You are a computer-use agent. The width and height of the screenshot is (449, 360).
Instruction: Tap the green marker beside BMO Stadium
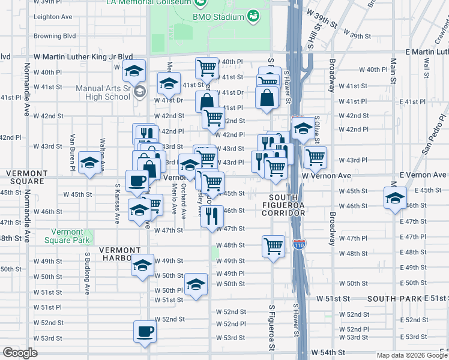(253, 14)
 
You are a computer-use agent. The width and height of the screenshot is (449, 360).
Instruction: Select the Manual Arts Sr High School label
(103, 92)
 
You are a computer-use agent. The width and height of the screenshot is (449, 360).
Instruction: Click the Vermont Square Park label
(67, 236)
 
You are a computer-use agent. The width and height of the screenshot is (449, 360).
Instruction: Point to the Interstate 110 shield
(298, 244)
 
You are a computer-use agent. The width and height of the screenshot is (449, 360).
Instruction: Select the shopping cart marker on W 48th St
(273, 245)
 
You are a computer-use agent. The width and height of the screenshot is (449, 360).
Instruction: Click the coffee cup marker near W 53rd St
(144, 331)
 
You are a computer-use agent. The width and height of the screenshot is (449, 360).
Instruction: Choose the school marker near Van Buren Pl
(90, 163)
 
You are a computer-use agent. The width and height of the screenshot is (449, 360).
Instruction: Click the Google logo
(20, 353)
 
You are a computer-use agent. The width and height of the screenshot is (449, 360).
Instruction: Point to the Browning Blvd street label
(55, 36)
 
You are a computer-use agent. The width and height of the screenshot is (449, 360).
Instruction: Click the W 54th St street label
(328, 352)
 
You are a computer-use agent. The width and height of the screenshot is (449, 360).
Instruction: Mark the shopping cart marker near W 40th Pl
(206, 67)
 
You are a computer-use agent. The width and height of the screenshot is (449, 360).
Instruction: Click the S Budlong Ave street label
(87, 273)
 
